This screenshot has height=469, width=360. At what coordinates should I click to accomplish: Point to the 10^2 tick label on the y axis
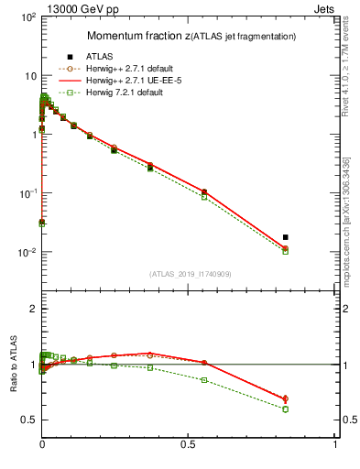coord(27,16)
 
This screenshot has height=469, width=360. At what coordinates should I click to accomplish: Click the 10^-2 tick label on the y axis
coord(27,252)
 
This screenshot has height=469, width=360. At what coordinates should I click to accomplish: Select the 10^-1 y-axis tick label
coord(27,193)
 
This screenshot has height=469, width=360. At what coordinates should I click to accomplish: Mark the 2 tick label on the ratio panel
coord(30,310)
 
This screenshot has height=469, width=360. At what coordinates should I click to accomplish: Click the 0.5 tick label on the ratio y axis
coord(27,420)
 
